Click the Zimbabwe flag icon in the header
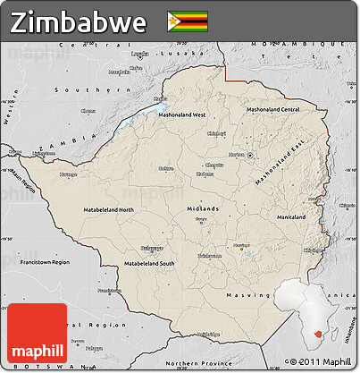point(187,21)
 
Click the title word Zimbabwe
point(79,21)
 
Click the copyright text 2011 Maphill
point(322,360)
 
